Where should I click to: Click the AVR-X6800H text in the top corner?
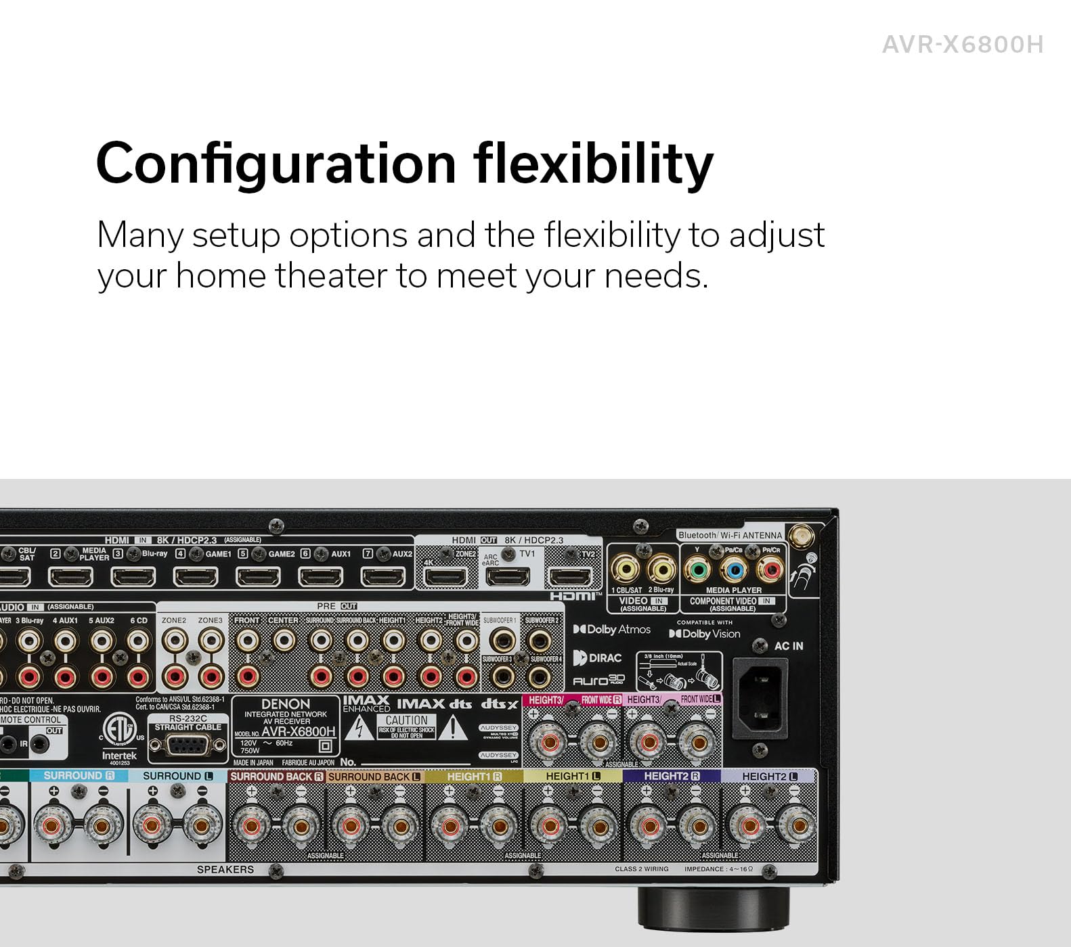[x=962, y=45]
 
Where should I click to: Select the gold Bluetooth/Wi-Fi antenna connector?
[x=802, y=537]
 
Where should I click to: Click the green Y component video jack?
[x=697, y=570]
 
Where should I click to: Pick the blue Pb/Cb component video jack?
[x=733, y=570]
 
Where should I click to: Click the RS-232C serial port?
[x=188, y=745]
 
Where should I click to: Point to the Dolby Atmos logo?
[x=611, y=629]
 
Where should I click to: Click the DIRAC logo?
[x=597, y=657]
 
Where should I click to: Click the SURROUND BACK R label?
[x=276, y=777]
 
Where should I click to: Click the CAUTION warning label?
[x=406, y=726]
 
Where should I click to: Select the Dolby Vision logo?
[x=704, y=634]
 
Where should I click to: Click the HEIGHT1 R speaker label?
[x=474, y=777]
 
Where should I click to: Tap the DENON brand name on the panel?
[x=285, y=704]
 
